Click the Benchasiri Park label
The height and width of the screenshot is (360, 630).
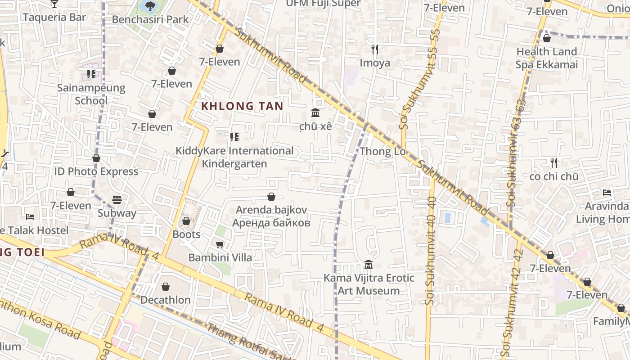pos(150,19)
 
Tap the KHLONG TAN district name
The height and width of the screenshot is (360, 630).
pos(242,106)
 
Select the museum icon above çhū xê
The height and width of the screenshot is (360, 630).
pos(315,112)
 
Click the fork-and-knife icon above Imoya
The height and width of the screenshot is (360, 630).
pos(375,49)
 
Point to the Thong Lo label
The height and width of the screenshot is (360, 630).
pos(383,151)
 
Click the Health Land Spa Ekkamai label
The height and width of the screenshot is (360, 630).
pos(547,58)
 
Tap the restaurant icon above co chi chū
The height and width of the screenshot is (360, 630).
pos(554,162)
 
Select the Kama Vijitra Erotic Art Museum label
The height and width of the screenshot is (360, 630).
pos(369,284)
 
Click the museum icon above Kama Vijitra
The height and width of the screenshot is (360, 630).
pos(369,264)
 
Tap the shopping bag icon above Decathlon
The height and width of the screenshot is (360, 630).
pos(166,287)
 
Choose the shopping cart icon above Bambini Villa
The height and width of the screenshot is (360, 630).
pos(220,244)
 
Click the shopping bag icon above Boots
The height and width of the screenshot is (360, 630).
pos(186,221)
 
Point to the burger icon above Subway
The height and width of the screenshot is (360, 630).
pos(117,199)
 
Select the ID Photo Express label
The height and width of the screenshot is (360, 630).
pos(96,171)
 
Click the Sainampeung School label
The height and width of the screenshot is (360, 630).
pos(91,94)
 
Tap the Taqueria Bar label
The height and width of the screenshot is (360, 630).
pos(54,17)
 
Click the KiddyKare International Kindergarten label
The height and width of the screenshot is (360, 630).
pos(234,157)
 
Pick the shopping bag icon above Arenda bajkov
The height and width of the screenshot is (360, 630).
pos(271,197)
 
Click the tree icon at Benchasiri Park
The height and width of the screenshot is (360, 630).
pos(150,6)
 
